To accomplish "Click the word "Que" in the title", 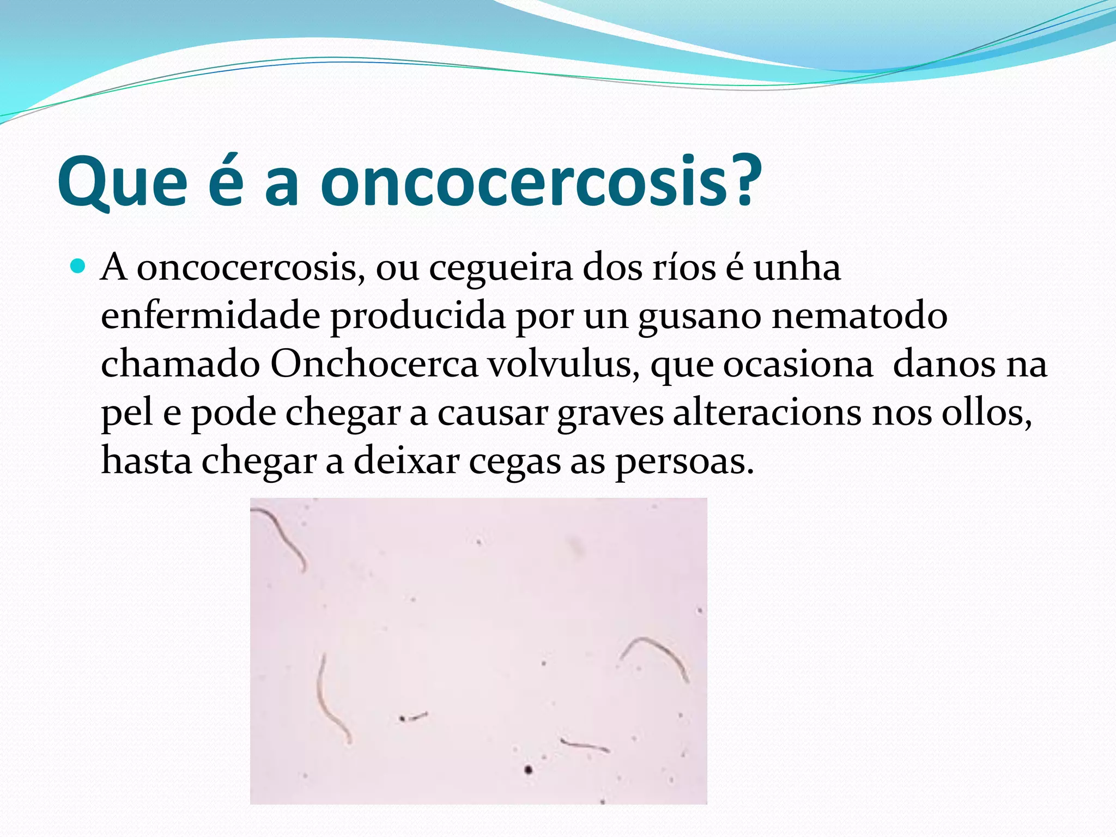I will pos(123,183).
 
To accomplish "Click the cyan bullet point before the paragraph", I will pos(78,266).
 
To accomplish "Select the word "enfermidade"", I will pos(210,316).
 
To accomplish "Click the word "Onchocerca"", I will pos(374,364).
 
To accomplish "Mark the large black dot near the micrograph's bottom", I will pos(527,769).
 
